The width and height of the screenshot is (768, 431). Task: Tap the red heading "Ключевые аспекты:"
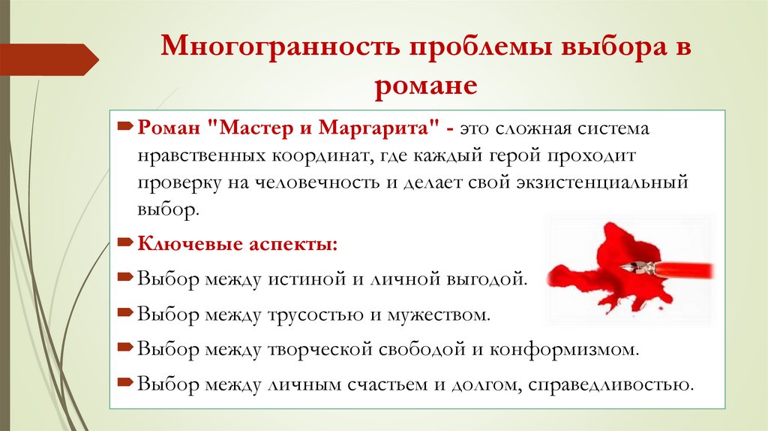(x=237, y=244)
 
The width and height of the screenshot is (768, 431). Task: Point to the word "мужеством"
(x=448, y=313)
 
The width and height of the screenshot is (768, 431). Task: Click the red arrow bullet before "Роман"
(x=126, y=127)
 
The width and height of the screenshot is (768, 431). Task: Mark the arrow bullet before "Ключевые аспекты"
(x=126, y=243)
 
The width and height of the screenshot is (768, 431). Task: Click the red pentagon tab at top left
(x=48, y=59)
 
